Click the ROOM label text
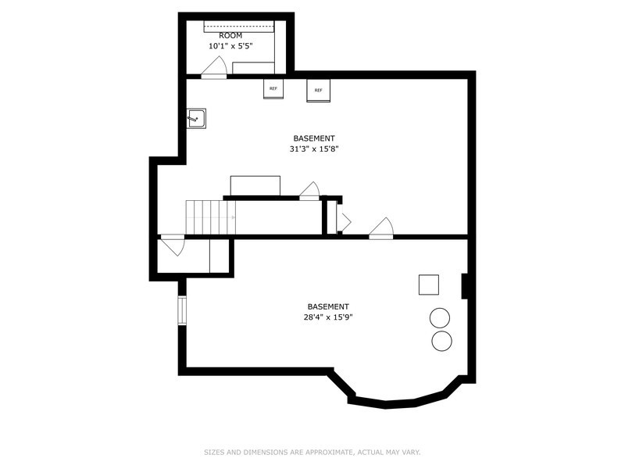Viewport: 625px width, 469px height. (x=230, y=35)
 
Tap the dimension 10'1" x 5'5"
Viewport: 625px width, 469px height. (x=230, y=46)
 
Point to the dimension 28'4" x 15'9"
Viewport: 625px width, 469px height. (x=328, y=317)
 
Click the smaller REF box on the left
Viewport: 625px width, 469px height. (x=273, y=89)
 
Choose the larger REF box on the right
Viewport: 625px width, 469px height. (x=319, y=90)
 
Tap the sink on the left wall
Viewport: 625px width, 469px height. (x=196, y=118)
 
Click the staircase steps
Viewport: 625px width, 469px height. (x=210, y=217)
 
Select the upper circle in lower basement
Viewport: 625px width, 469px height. (x=441, y=318)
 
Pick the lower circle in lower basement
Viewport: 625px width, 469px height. (x=442, y=340)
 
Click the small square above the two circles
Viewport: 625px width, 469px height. (x=429, y=285)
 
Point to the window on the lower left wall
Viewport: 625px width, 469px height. (x=182, y=310)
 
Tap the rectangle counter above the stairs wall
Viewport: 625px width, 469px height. (x=255, y=186)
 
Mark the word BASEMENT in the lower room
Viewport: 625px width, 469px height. (x=328, y=306)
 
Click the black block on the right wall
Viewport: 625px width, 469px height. (x=465, y=286)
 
